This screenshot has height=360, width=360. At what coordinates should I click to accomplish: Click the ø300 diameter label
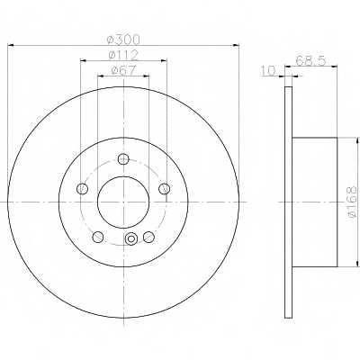click(x=123, y=39)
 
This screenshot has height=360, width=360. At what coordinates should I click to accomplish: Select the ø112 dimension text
click(x=123, y=55)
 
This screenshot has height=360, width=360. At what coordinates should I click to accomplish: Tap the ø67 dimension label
click(x=123, y=70)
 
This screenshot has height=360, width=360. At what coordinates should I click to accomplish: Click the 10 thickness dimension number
click(x=268, y=71)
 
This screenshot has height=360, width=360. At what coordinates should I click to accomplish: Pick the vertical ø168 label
click(x=352, y=202)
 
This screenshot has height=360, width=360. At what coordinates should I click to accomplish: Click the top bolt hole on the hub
click(x=123, y=158)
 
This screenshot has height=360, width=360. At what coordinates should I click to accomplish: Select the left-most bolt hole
click(x=82, y=189)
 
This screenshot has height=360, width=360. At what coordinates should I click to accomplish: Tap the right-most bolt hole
click(x=165, y=189)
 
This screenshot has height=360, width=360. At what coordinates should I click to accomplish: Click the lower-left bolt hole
click(x=98, y=237)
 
